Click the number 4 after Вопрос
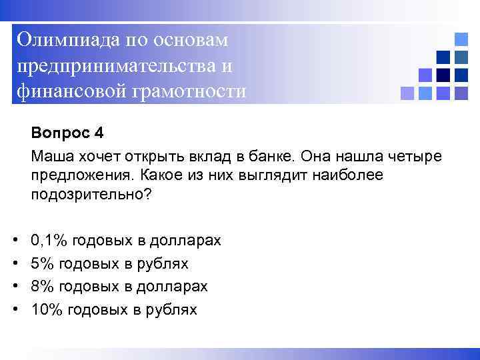99,133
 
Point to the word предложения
77,175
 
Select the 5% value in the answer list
43,264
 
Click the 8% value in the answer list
43,287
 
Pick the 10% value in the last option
47,309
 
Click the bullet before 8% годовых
15,287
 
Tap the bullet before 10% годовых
15,309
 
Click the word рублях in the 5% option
165,264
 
